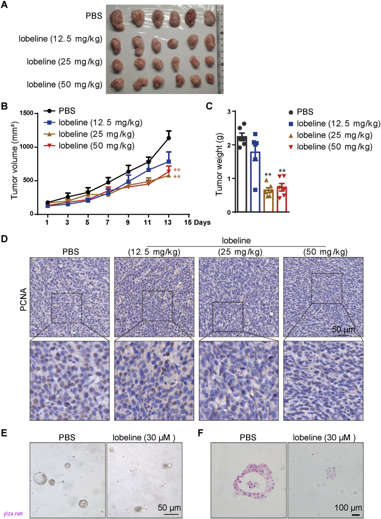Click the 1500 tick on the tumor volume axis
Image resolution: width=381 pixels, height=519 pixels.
coord(26,113)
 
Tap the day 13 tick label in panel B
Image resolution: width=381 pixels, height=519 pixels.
coord(168,222)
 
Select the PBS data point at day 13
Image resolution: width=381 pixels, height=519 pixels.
coord(169,138)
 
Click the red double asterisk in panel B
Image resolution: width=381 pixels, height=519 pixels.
coord(177,170)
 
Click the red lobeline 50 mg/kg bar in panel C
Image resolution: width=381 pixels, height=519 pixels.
coord(282,199)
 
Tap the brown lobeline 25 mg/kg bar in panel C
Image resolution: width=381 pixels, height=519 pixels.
coord(268,201)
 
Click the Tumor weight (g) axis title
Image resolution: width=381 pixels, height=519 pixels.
coord(219,164)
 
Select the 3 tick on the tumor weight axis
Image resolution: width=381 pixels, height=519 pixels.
coord(229,112)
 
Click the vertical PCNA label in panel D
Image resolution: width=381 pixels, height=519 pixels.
coord(24,299)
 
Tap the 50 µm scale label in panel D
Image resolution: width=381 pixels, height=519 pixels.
coord(343,329)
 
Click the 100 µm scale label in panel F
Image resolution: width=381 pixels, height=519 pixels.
coord(348,507)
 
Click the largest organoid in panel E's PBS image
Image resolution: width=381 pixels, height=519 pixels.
coord(40,478)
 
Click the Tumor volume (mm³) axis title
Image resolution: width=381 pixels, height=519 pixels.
coord(14,160)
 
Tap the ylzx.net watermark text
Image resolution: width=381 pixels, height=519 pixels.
coord(13,514)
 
